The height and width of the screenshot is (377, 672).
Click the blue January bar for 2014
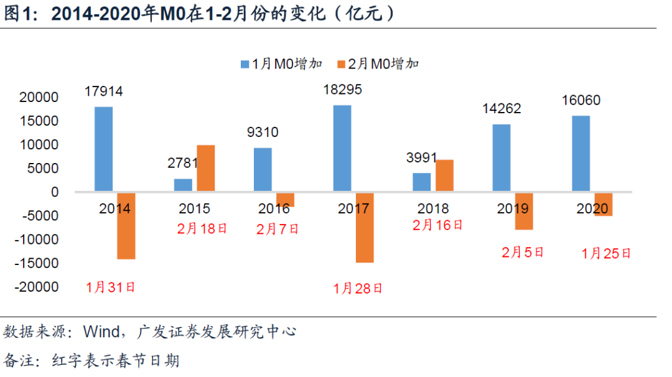104,149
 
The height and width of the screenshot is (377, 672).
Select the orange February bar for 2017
365,227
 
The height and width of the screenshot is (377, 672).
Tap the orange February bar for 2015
206,168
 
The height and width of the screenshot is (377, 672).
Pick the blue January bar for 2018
422,182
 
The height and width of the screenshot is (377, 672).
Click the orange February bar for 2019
524,211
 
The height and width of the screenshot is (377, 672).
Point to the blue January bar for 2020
581,154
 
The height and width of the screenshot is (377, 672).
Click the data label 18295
342,90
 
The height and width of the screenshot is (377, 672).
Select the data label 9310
263,132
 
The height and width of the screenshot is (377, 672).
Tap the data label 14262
502,108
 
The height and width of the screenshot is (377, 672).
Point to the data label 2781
183,164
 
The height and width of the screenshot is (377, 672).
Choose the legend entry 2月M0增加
378,63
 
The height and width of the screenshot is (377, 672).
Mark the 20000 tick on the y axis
39,98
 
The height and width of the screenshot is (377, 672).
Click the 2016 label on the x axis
274,208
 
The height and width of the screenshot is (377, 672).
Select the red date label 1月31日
111,287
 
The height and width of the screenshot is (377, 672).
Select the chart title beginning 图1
199,14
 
